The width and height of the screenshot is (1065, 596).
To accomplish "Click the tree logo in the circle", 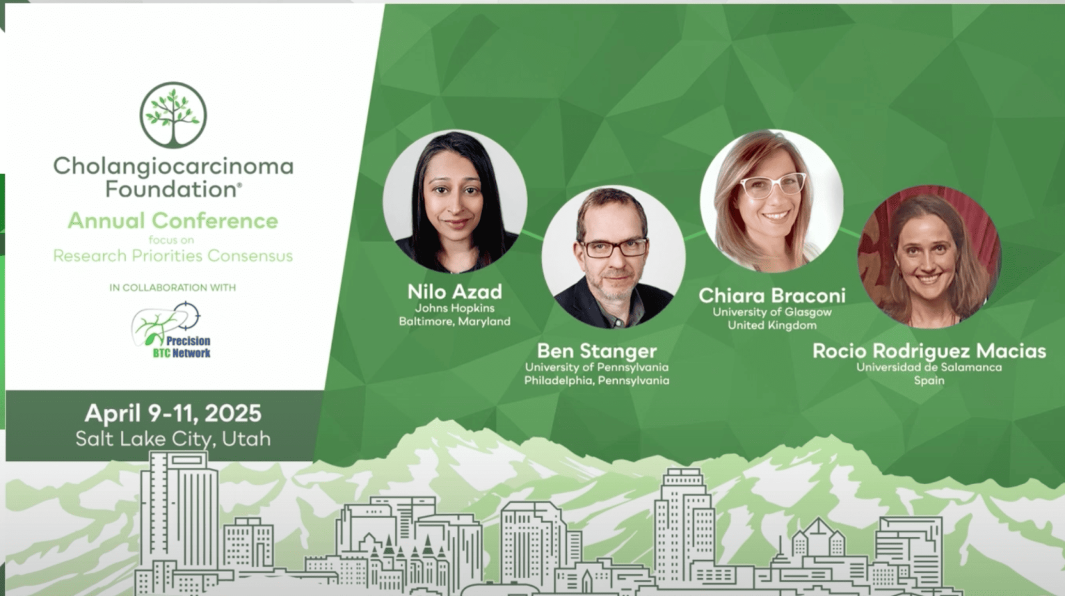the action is tap(173, 115).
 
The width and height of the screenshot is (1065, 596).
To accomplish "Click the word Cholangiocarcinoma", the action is tap(173, 166).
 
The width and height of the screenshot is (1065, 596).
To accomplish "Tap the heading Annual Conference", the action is tap(173, 220).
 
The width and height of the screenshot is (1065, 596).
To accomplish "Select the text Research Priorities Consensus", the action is tap(173, 256).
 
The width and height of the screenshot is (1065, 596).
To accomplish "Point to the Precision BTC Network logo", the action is tap(171, 330).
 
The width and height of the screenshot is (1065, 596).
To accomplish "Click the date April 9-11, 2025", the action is tap(173, 413).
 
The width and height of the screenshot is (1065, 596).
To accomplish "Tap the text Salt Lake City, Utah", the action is tap(173, 439).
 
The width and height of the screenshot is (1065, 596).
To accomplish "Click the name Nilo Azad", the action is tap(455, 292).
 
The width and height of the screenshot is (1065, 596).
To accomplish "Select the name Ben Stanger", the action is tap(596, 351).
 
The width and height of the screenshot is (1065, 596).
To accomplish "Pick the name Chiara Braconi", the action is tap(772, 296).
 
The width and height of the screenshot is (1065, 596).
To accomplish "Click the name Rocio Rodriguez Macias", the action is tap(929, 351).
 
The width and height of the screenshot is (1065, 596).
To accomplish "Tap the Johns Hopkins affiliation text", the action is tap(455, 308).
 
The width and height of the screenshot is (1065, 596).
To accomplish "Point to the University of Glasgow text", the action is tap(772, 312).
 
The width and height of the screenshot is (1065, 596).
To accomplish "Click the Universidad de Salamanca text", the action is tap(929, 367).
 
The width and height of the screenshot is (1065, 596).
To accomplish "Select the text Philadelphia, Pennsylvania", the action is tap(596, 380).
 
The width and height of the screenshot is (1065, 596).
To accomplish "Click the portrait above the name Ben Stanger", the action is tap(613, 257).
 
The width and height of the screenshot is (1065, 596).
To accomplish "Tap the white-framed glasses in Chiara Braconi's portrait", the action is tap(773, 185).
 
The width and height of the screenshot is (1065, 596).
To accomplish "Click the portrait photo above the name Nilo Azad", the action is tap(455, 202).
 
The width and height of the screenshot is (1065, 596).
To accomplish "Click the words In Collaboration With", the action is tap(172, 288).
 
